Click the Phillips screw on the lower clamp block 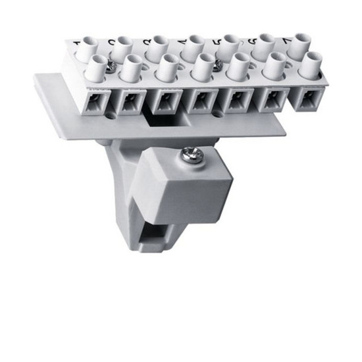(190, 156)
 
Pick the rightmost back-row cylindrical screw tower (300, 43)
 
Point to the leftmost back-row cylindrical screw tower (88, 48)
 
